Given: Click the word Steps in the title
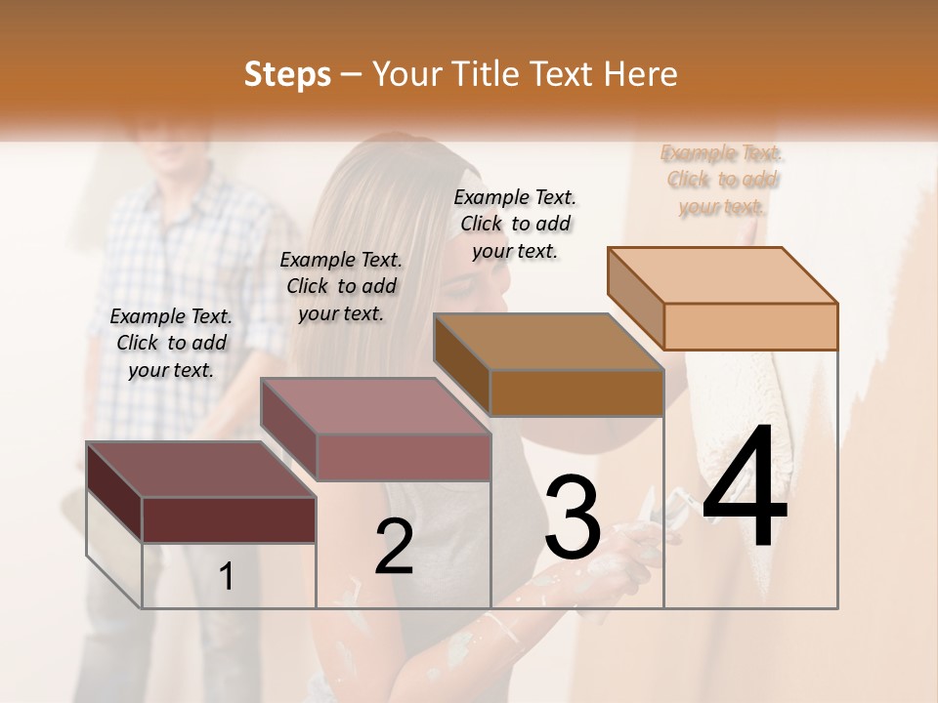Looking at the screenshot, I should [x=287, y=74].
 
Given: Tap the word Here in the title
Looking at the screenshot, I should [x=639, y=74].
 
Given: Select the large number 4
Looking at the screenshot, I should [x=745, y=488].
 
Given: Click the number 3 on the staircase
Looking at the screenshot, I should [x=573, y=517].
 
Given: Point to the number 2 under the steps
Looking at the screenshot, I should [x=395, y=547].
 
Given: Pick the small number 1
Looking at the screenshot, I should [x=227, y=577].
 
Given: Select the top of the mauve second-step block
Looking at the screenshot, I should [x=375, y=405].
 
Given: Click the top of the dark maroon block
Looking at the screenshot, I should [x=201, y=469].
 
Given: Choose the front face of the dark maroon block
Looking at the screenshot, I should [x=229, y=519].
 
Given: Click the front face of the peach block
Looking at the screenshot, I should [x=750, y=326].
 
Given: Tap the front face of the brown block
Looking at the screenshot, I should [x=576, y=393].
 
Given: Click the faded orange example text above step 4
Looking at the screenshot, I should [x=721, y=180].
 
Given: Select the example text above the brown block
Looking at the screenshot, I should [x=515, y=224].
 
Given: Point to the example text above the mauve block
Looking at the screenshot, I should [x=341, y=286].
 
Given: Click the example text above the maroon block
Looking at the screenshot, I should [x=171, y=343].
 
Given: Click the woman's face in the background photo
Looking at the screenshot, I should [x=479, y=283].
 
